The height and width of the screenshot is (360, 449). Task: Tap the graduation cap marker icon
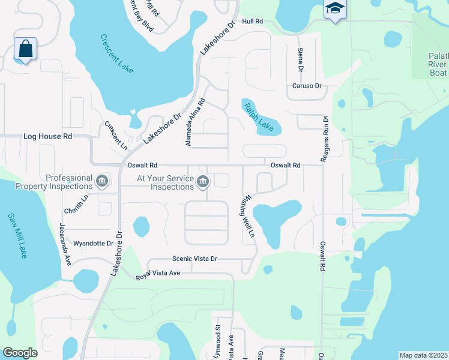(334, 9)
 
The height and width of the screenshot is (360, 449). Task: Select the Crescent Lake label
(117, 54)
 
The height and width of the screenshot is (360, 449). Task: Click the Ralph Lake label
(258, 117)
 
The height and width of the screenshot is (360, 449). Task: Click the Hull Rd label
(253, 21)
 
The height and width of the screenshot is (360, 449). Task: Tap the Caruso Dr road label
(307, 86)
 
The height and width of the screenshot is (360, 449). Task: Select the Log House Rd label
(47, 136)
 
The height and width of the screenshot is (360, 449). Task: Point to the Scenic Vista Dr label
(194, 259)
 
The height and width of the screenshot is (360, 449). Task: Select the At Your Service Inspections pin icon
(203, 181)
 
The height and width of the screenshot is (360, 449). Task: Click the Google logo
(20, 353)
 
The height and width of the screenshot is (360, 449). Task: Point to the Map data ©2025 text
(423, 355)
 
